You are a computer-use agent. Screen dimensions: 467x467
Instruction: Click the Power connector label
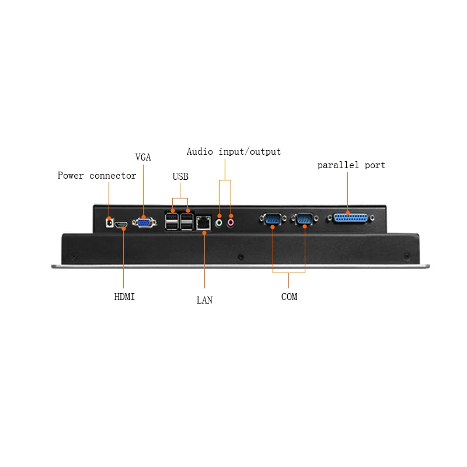click(97, 176)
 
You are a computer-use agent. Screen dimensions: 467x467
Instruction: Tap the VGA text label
click(143, 157)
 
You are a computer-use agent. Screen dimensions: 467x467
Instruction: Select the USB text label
click(180, 176)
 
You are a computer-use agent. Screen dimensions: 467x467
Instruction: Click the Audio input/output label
click(233, 152)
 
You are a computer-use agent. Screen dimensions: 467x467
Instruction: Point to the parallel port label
click(351, 165)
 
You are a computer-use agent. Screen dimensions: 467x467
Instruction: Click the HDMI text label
click(124, 297)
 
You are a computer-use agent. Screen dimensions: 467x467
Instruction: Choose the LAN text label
click(204, 300)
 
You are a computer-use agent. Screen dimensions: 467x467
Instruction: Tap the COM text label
click(289, 297)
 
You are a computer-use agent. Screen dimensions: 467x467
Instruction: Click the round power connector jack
click(109, 222)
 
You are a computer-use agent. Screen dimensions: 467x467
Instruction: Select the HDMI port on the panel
click(123, 225)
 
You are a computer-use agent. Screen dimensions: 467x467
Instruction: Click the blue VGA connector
click(144, 221)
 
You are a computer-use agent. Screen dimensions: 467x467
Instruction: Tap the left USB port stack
click(173, 221)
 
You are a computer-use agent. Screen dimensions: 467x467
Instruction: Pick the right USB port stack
click(187, 221)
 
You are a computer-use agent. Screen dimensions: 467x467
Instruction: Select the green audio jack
click(219, 222)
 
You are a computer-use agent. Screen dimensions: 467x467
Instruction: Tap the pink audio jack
click(231, 222)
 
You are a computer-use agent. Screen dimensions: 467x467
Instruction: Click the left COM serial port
click(272, 219)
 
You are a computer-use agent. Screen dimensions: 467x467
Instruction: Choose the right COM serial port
click(305, 219)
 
